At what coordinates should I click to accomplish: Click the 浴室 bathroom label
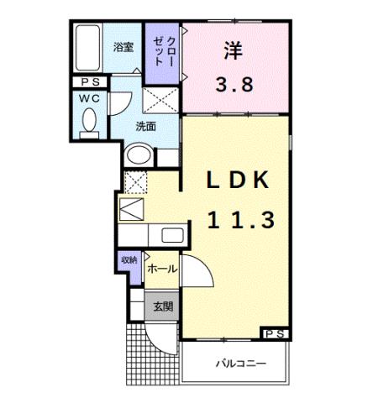pos(123,47)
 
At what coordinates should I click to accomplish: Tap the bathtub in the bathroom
pos(87,49)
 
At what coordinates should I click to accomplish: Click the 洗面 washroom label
pos(147,128)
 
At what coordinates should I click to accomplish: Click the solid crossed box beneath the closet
pos(161,101)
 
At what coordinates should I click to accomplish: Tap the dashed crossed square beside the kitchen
pos(134,181)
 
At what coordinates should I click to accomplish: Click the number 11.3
pos(239,220)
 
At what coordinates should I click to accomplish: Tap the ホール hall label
pos(162,269)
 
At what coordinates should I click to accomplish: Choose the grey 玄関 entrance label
pos(162,307)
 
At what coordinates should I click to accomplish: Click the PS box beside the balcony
pos(275,333)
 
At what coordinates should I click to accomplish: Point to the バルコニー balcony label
pos(239,364)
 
